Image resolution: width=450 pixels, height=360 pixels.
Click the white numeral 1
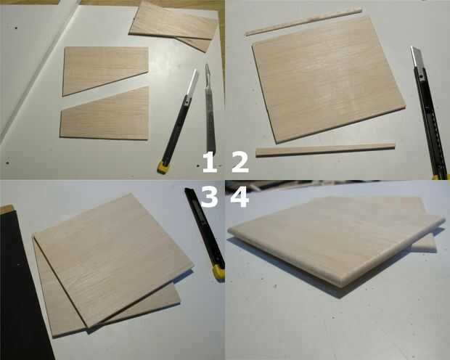(210, 163)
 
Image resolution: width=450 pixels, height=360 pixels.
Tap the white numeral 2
(240, 163)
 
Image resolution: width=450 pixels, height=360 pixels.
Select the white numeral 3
(209, 197)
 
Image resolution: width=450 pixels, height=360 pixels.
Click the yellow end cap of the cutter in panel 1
(163, 168)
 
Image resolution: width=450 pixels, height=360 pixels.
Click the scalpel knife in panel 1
(210, 109)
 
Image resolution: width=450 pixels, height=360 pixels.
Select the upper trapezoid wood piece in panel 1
(105, 70)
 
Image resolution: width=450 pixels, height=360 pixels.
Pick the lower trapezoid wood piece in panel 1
(106, 116)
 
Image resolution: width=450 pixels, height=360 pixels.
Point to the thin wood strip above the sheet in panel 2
(303, 22)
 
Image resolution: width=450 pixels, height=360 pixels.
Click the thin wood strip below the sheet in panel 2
(325, 150)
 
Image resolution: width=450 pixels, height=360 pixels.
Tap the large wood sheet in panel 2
(329, 79)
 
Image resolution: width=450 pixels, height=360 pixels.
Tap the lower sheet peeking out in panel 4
(425, 244)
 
